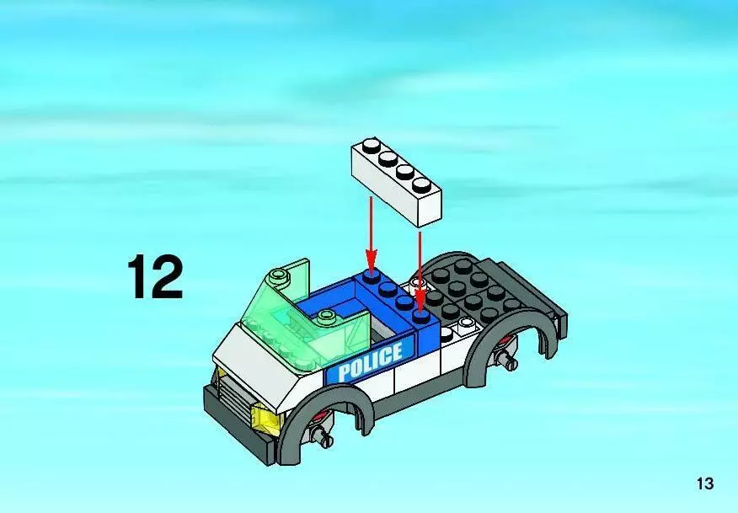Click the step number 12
pyautogui.click(x=155, y=277)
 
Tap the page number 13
pyautogui.click(x=705, y=484)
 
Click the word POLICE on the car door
pyautogui.click(x=370, y=362)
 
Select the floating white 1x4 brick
pyautogui.click(x=396, y=182)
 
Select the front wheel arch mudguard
pyautogui.click(x=324, y=419)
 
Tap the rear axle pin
pyautogui.click(x=507, y=360)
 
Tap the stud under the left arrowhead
pyautogui.click(x=372, y=275)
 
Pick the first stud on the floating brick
pyautogui.click(x=372, y=145)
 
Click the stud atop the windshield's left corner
pyautogui.click(x=279, y=275)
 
